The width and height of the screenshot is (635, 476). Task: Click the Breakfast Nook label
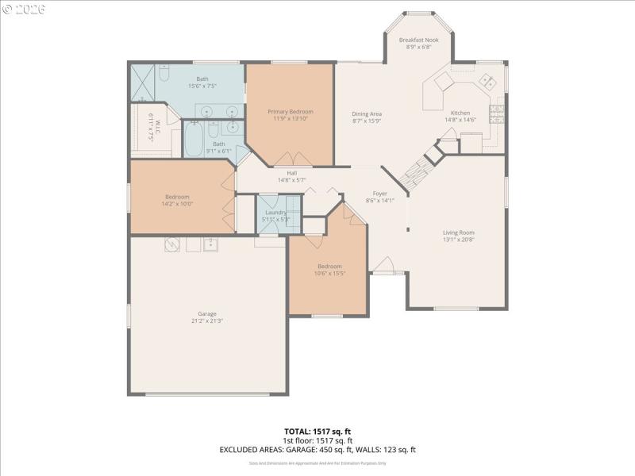pos(418,39)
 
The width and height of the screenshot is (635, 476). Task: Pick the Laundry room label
pos(275,212)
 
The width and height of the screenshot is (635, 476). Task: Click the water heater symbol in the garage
pos(171,244)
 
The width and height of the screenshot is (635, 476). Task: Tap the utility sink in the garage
pos(211,245)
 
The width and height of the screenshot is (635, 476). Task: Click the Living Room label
pos(458,232)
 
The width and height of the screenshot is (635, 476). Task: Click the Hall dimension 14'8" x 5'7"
pos(291,180)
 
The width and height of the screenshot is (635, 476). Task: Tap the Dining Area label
pos(368,114)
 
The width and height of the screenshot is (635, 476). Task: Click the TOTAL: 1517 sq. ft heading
pos(317,432)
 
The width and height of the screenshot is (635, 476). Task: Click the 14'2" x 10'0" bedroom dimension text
pos(177,204)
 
